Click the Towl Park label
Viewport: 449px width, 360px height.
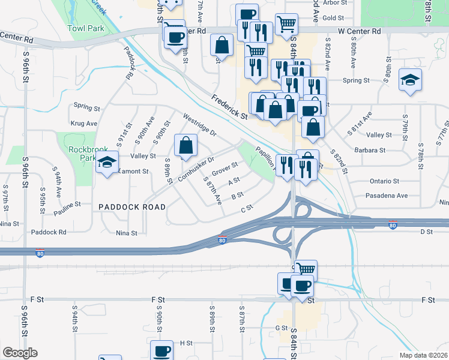pyautogui.click(x=86, y=28)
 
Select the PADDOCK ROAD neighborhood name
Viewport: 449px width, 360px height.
pyautogui.click(x=132, y=206)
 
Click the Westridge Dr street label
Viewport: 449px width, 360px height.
pyautogui.click(x=199, y=125)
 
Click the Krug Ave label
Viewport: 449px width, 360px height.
pyautogui.click(x=83, y=123)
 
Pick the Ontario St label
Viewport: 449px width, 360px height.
pyautogui.click(x=384, y=181)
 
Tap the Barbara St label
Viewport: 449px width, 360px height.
pyautogui.click(x=369, y=151)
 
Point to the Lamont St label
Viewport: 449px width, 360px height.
pyautogui.click(x=133, y=171)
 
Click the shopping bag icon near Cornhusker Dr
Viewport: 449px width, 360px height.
pyautogui.click(x=185, y=145)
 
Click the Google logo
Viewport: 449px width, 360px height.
pyautogui.click(x=19, y=353)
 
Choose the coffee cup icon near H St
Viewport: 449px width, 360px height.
pyautogui.click(x=161, y=351)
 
